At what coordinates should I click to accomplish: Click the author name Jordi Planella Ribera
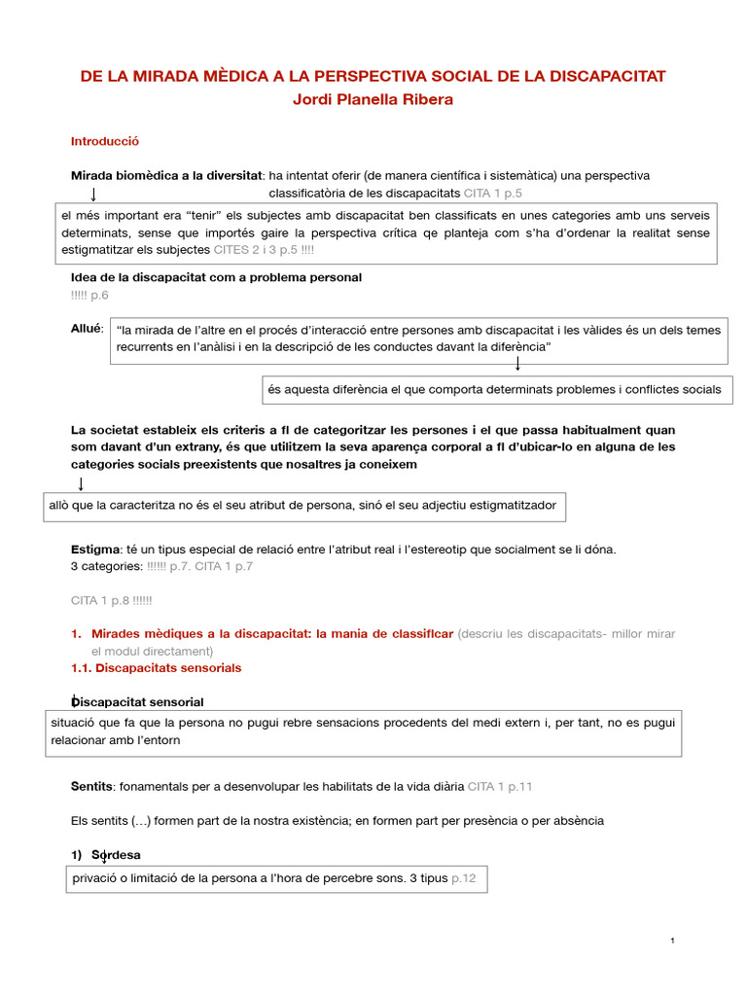(373, 100)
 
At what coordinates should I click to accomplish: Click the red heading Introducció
(105, 141)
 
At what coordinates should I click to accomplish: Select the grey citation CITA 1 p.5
(493, 194)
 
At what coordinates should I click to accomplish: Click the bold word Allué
(87, 329)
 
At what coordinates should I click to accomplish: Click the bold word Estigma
(95, 549)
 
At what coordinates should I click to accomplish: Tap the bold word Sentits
(91, 785)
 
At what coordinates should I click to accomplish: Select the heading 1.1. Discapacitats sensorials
(156, 668)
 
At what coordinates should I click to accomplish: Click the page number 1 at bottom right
(672, 941)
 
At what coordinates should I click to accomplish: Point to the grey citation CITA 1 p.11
(500, 785)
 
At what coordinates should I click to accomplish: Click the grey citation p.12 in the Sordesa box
(463, 878)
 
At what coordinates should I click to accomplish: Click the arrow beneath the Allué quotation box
(517, 364)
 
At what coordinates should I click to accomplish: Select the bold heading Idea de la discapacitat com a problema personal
(216, 277)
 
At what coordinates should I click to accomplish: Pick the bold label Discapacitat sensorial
(138, 701)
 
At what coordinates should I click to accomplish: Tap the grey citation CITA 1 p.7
(224, 565)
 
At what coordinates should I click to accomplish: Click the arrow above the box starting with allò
(81, 483)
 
